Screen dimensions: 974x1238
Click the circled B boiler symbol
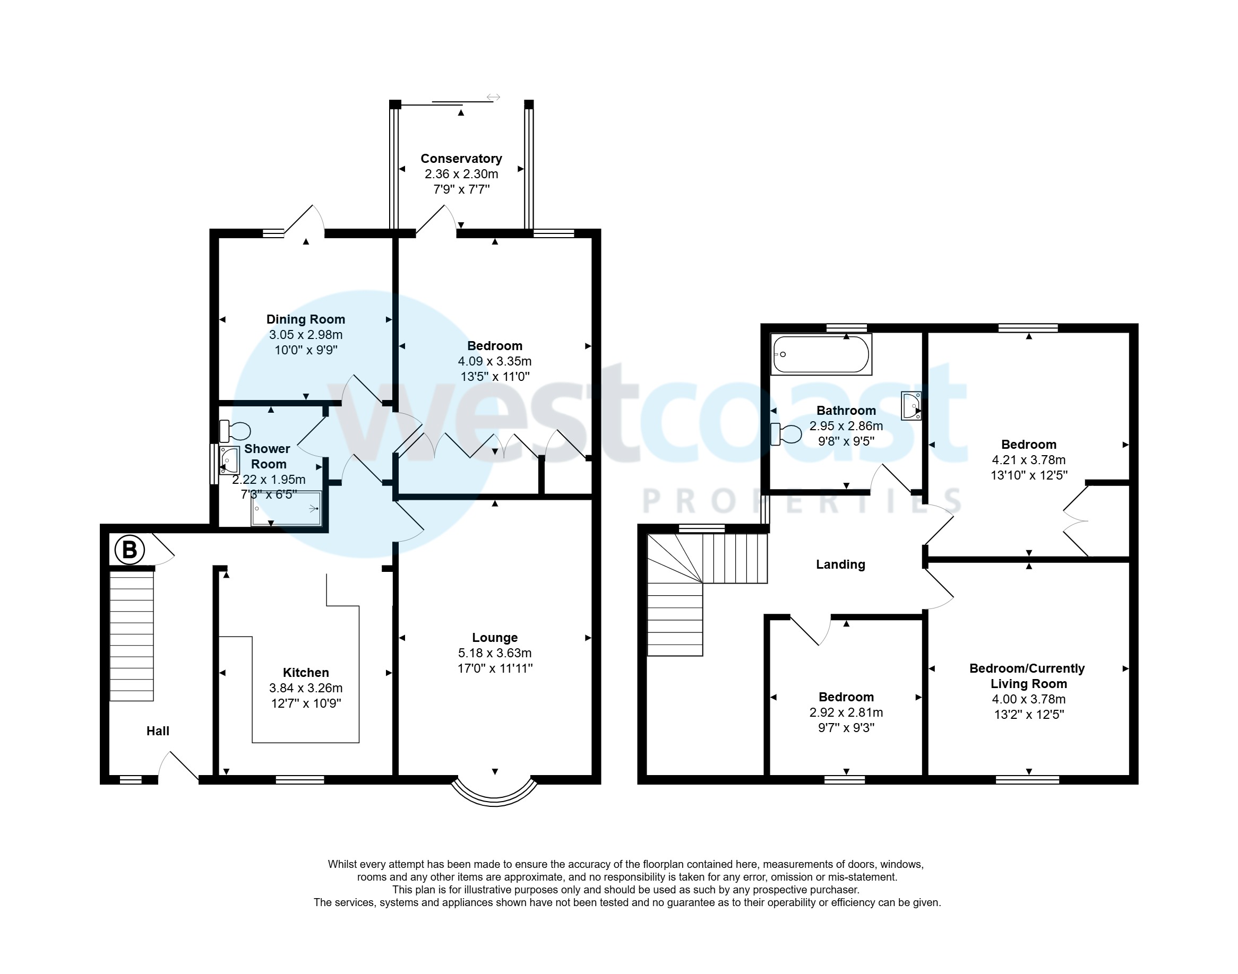tap(130, 550)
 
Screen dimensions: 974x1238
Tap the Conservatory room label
tap(461, 159)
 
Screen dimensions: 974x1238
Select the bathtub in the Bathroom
tap(820, 355)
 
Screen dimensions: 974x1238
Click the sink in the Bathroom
tap(911, 405)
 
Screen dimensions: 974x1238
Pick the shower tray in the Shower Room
tap(286, 508)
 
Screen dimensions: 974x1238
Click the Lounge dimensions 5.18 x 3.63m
tap(495, 653)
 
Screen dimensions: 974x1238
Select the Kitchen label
tap(306, 672)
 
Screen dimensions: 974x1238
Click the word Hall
tap(158, 731)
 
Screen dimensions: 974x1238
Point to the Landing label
tap(840, 564)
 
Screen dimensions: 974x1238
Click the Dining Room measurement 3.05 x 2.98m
tap(306, 335)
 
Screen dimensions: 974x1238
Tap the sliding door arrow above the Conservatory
tap(494, 98)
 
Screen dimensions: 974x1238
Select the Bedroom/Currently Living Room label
tap(1027, 676)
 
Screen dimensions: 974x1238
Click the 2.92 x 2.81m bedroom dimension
tap(846, 712)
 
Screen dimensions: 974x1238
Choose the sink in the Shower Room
tap(229, 459)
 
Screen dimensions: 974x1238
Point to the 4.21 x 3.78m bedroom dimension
tap(1029, 459)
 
